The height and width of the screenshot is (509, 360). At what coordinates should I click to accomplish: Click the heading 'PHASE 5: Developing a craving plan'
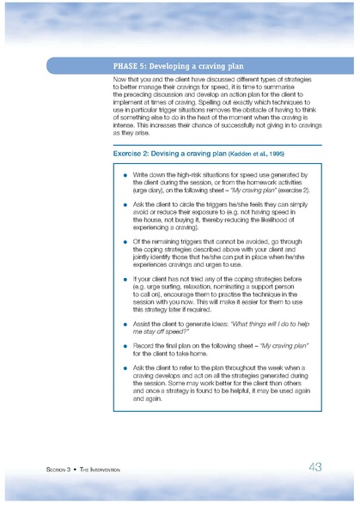pyautogui.click(x=180, y=65)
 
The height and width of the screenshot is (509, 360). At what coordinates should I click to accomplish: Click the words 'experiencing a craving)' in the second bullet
pyautogui.click(x=168, y=230)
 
